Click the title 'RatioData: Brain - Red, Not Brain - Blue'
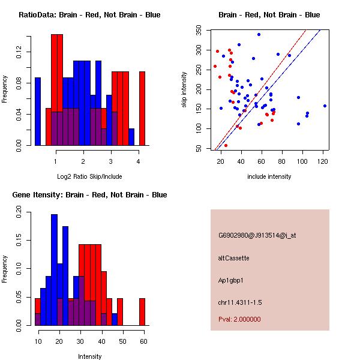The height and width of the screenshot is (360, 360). (89, 15)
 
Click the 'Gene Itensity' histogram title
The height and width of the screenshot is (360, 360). (89, 195)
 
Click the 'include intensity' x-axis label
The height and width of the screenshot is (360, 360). (269, 176)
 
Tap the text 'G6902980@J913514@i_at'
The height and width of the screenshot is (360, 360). (257, 235)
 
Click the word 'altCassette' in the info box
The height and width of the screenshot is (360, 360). (233, 258)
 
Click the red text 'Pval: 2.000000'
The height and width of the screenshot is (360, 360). (240, 319)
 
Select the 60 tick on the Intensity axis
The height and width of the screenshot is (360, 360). (143, 341)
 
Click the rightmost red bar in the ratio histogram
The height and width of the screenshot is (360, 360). (142, 108)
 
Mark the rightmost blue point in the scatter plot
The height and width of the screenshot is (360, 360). (325, 106)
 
